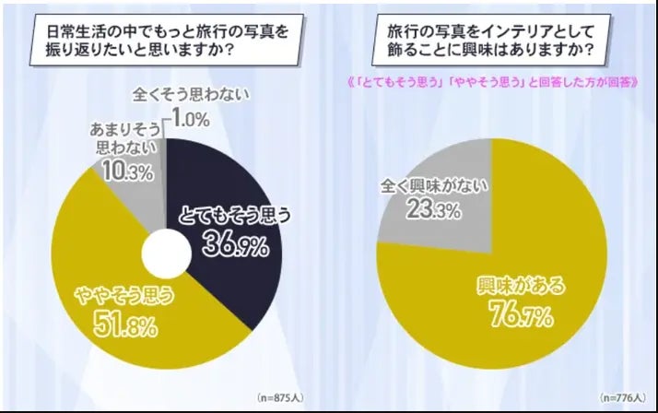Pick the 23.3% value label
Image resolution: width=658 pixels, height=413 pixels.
[x=427, y=209]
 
